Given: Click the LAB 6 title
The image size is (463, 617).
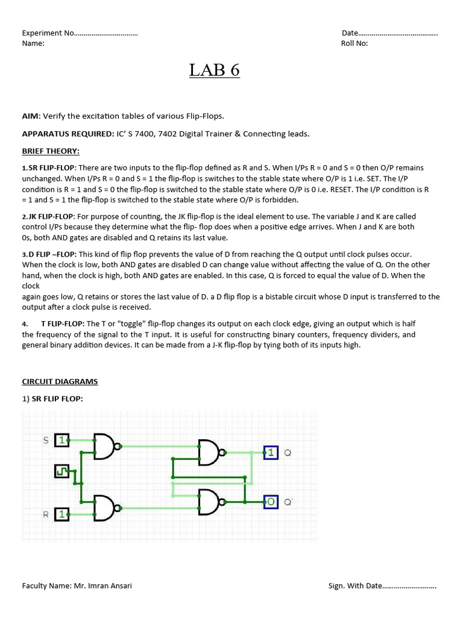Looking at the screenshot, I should point(214,70).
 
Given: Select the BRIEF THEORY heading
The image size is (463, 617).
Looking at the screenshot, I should point(51,151).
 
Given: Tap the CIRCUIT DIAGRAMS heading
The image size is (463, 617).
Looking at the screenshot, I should point(60,381).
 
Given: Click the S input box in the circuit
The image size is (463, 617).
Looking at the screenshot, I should point(61,440).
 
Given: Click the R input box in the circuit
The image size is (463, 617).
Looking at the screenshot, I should point(61,514).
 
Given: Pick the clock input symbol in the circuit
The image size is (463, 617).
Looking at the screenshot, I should point(61,471).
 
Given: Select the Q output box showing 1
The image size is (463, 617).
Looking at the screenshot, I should point(271,452).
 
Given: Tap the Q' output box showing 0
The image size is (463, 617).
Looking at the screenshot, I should point(271,501).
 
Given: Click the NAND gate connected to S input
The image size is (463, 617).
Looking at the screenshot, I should point(105,446).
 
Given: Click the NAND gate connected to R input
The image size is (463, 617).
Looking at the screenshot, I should point(105,508).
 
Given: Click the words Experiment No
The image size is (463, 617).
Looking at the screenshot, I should point(48,33).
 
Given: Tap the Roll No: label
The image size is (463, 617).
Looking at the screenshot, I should point(354,43).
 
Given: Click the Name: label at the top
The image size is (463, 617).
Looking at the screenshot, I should point(33,43).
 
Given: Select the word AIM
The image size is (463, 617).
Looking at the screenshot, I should point(30,116).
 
